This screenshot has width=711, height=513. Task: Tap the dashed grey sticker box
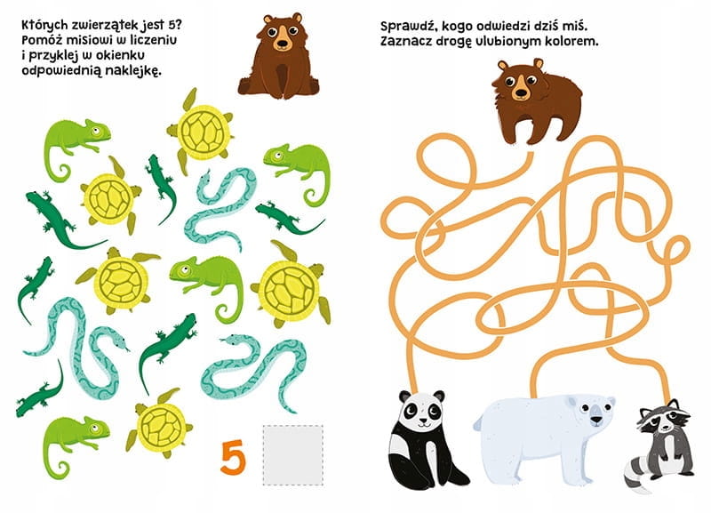(x=293, y=455)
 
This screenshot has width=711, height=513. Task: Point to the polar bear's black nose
(x=596, y=420)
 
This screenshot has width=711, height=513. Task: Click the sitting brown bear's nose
(x=282, y=45)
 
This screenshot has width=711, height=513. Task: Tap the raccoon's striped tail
(x=638, y=475)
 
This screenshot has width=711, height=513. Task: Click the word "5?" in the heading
(x=179, y=24)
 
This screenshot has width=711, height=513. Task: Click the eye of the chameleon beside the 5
(x=94, y=429)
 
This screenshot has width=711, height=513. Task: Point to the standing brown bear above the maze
(x=537, y=100)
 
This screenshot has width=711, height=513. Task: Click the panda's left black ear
(x=404, y=396)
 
